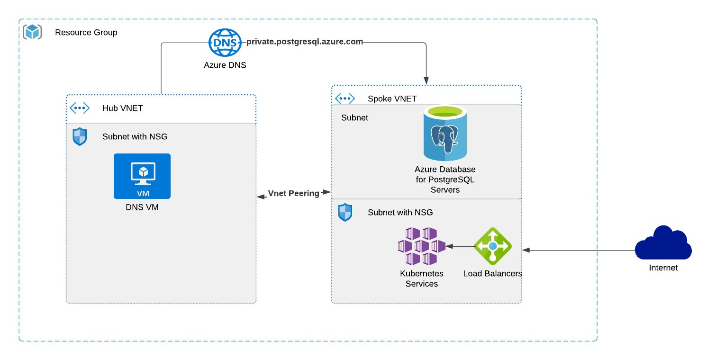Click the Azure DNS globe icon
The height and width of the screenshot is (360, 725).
click(x=225, y=42)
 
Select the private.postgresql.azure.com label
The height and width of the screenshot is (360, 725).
click(x=305, y=42)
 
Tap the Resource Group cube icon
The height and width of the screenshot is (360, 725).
click(x=32, y=32)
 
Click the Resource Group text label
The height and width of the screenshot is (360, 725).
click(x=86, y=32)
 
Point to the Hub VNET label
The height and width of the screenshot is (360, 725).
click(x=123, y=108)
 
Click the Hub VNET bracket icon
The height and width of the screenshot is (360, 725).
click(x=80, y=108)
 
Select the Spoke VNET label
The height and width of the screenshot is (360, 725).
click(x=392, y=99)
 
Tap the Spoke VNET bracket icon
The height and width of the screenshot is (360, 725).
click(x=345, y=99)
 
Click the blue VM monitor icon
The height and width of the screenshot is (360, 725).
click(x=142, y=176)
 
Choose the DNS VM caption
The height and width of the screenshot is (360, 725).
click(x=142, y=207)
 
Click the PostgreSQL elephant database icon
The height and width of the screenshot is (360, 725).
click(x=445, y=134)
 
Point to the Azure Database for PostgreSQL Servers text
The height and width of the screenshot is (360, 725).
click(x=445, y=180)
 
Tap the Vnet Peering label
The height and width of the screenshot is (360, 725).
click(x=294, y=193)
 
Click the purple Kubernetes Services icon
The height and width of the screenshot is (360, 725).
click(x=421, y=246)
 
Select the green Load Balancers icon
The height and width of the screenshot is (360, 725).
click(x=493, y=246)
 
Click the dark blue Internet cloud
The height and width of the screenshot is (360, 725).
click(x=663, y=243)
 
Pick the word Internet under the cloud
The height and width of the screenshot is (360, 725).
click(x=663, y=268)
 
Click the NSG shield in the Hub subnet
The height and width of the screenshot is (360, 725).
click(x=80, y=136)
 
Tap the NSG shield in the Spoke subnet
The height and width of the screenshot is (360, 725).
click(x=345, y=212)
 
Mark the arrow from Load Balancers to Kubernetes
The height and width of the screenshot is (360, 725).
click(x=460, y=246)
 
